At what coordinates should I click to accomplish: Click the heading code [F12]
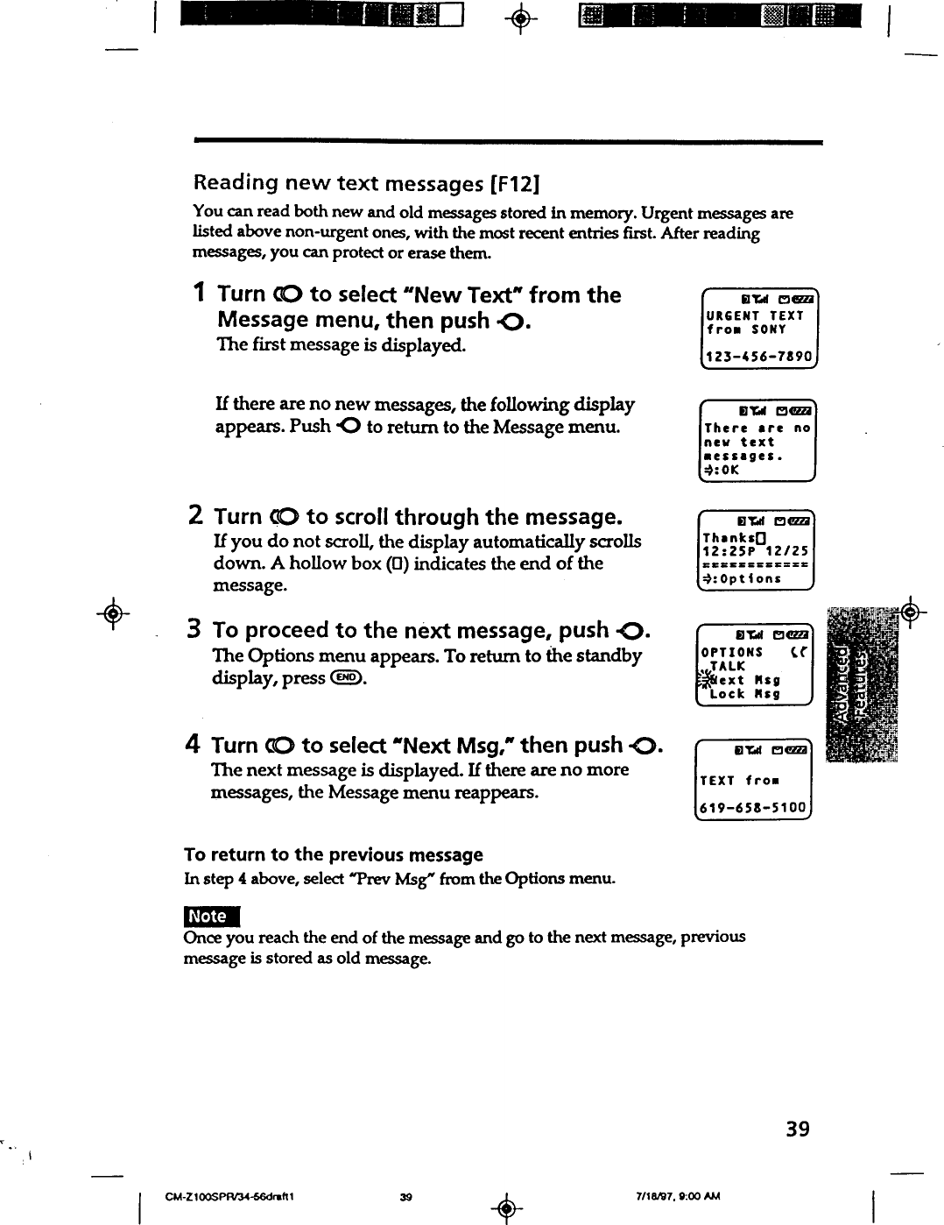514,184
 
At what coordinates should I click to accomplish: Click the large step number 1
200,294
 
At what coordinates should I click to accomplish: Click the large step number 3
196,629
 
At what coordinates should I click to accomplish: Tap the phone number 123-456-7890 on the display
759,358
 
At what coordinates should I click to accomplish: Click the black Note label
208,917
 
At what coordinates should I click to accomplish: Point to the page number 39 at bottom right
797,1129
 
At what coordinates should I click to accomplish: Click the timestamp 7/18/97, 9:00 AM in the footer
676,1197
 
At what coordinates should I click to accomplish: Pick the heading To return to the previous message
334,854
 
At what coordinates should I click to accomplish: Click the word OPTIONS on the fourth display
732,652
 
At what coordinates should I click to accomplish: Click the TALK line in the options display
728,666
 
